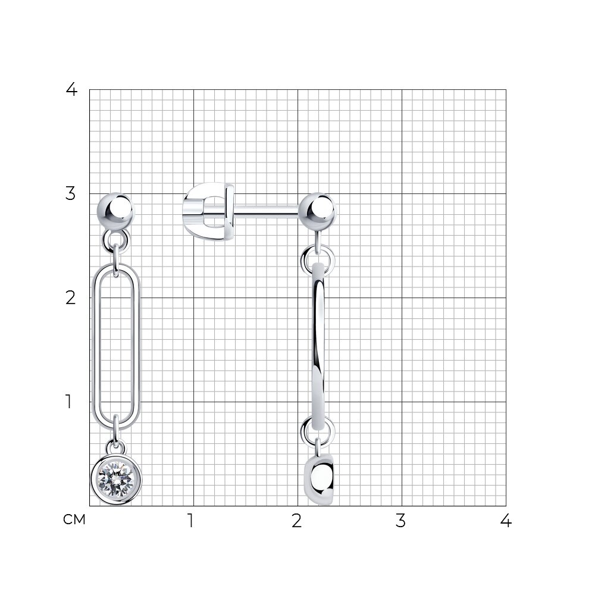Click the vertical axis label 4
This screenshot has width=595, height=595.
71,90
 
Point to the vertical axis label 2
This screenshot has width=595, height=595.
71,298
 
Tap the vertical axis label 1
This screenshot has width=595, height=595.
68,402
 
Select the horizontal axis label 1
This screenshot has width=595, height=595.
191,521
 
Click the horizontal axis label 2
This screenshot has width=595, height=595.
297,521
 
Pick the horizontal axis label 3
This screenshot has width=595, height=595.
400,521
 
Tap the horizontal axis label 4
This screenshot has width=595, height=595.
506,521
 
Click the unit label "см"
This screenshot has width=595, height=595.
74,519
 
